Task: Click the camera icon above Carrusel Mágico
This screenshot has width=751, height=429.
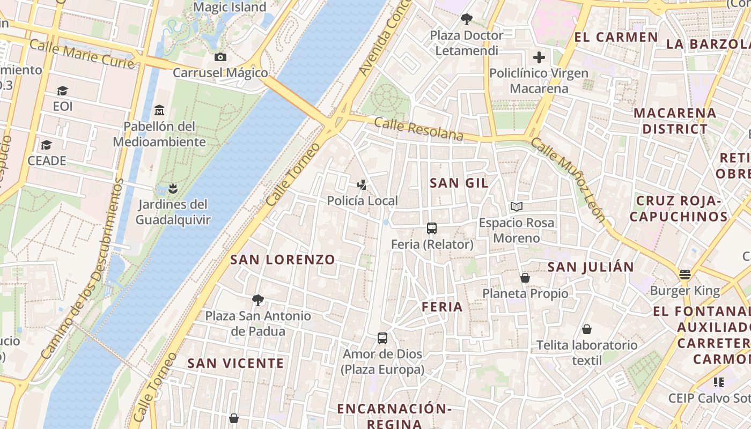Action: pyautogui.click(x=220, y=57)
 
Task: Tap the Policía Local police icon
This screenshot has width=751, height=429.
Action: pyautogui.click(x=363, y=185)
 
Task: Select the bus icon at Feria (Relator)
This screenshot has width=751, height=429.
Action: pyautogui.click(x=432, y=228)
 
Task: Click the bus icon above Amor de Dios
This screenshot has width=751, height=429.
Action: pyautogui.click(x=382, y=338)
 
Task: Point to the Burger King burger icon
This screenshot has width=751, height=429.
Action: pyautogui.click(x=684, y=275)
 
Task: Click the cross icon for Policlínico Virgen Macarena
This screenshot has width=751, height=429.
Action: pyautogui.click(x=539, y=57)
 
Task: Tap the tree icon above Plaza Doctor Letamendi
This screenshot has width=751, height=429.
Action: pyautogui.click(x=467, y=19)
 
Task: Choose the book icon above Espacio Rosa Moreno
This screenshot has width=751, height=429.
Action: pyautogui.click(x=517, y=206)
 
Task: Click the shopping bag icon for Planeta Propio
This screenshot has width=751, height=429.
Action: pyautogui.click(x=525, y=278)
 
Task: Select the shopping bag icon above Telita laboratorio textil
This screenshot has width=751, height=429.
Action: pyautogui.click(x=587, y=329)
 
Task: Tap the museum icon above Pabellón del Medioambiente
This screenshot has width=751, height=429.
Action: pyautogui.click(x=159, y=110)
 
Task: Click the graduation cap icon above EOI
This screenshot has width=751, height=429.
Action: pyautogui.click(x=63, y=91)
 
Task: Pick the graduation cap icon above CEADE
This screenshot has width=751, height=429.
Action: pyautogui.click(x=47, y=145)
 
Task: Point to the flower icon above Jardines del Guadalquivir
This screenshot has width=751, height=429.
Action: pyautogui.click(x=172, y=188)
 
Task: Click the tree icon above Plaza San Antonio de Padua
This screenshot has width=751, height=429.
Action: pyautogui.click(x=258, y=300)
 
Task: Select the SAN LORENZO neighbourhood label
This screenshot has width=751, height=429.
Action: pyautogui.click(x=283, y=260)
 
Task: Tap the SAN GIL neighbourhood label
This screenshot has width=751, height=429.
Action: pyautogui.click(x=459, y=183)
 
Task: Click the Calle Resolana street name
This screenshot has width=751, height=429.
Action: pyautogui.click(x=418, y=129)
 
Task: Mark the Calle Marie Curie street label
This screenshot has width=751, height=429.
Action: pyautogui.click(x=82, y=54)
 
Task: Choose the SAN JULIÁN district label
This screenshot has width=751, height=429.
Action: pyautogui.click(x=591, y=267)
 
